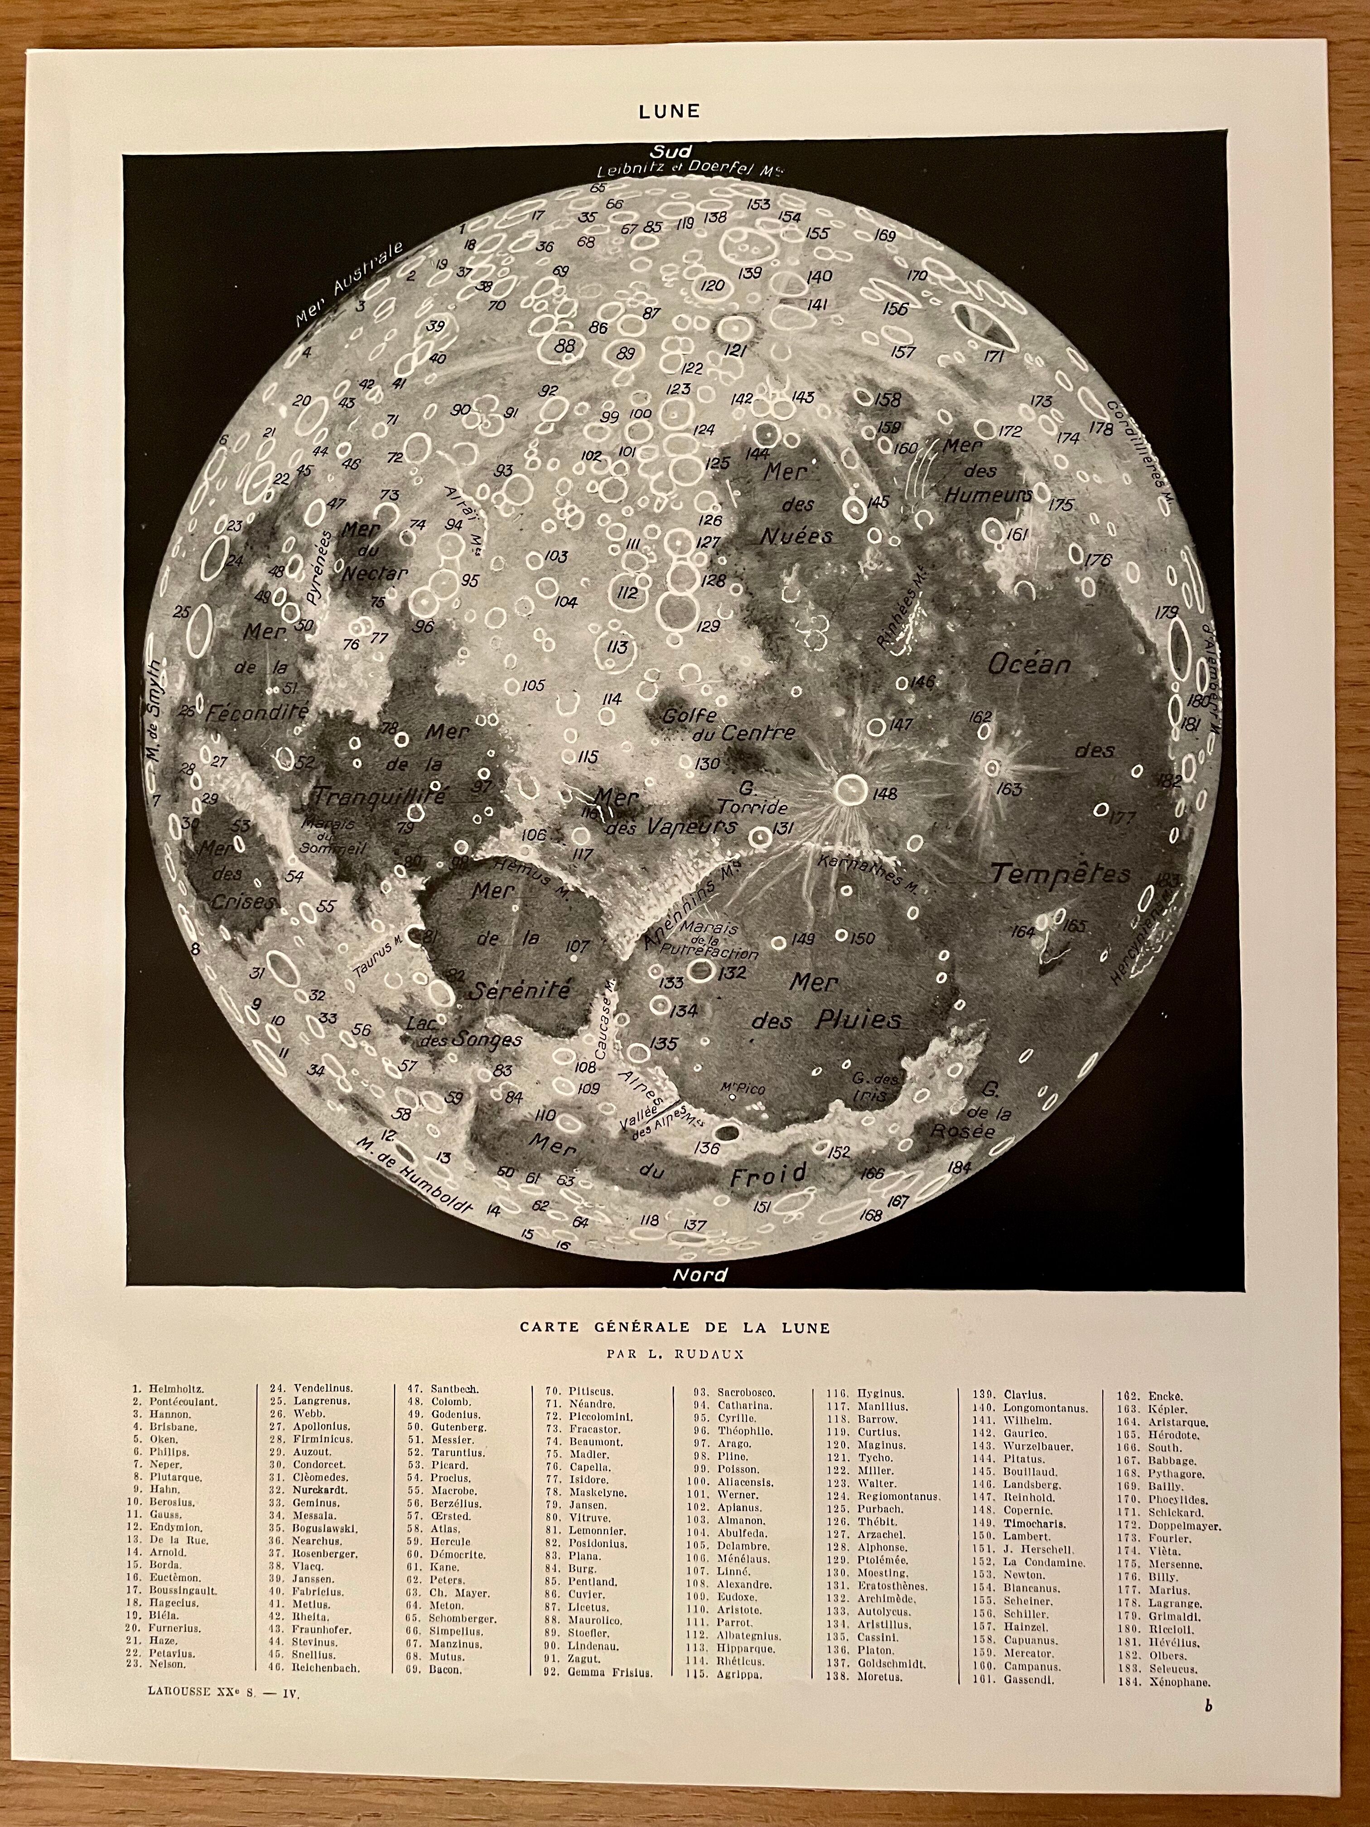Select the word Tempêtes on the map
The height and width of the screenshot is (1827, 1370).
tap(1061, 874)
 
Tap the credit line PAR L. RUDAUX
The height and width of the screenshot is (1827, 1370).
tap(675, 1354)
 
